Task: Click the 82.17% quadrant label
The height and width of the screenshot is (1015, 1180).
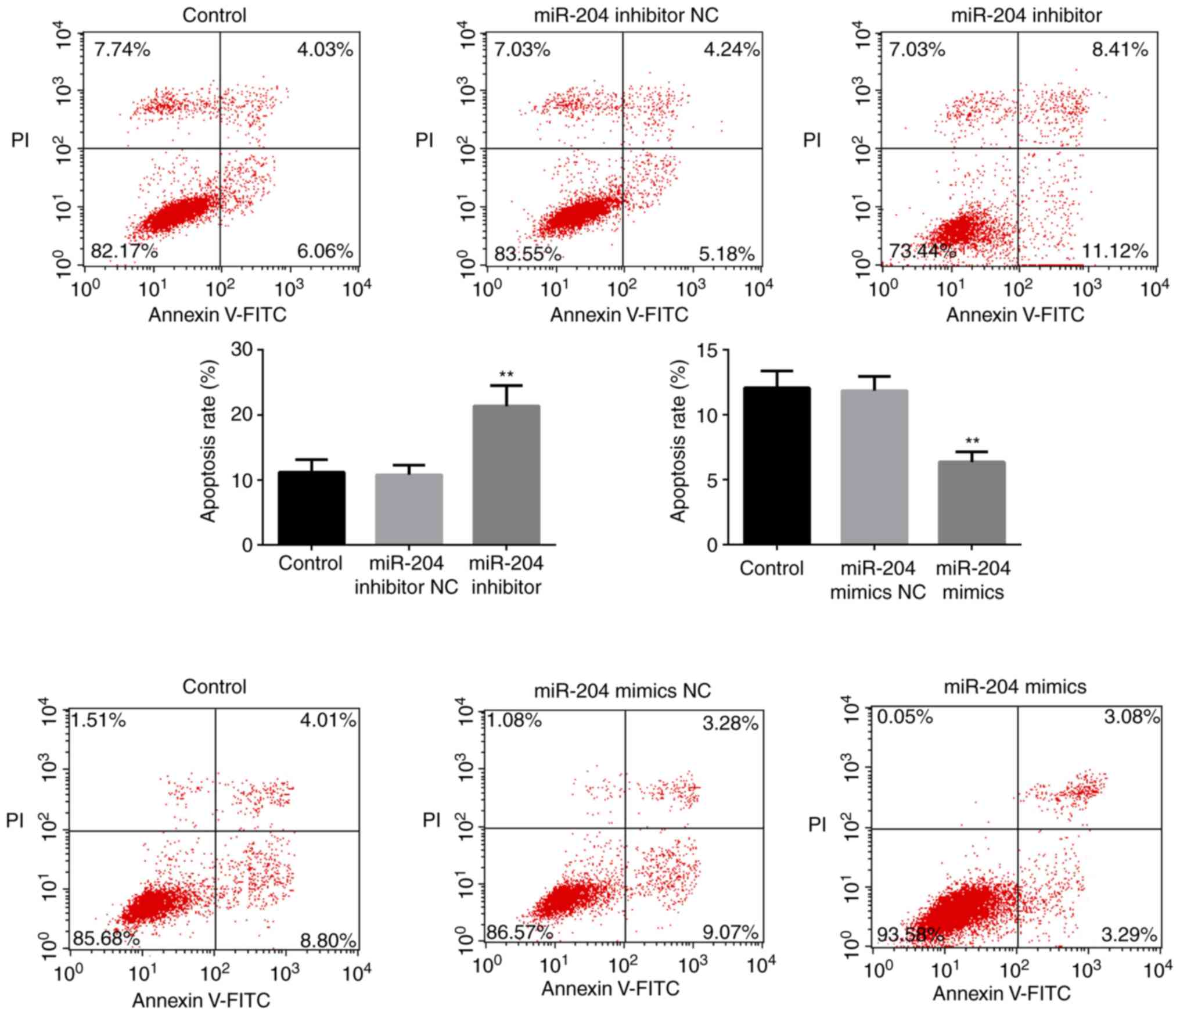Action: (124, 252)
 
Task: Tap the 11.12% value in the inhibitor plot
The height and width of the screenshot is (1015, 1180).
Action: (1114, 252)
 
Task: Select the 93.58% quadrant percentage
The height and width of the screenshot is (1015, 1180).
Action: (910, 935)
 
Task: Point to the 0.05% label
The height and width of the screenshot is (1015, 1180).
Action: (905, 718)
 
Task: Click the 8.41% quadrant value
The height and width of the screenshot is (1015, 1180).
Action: (1120, 50)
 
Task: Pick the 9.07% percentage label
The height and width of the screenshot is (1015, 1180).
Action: (729, 933)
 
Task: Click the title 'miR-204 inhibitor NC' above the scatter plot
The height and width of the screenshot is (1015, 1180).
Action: (626, 15)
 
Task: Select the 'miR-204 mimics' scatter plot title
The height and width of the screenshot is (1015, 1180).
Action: (1014, 687)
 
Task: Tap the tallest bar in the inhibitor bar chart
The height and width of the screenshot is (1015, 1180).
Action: (506, 475)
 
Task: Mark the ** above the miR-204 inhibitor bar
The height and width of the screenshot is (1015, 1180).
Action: (506, 375)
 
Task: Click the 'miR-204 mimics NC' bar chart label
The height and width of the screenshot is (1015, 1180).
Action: (877, 580)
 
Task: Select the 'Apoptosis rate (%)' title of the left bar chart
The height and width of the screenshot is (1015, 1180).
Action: (208, 442)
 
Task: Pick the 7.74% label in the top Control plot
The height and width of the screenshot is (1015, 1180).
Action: (122, 50)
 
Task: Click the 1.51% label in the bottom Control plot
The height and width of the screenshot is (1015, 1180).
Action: (99, 721)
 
